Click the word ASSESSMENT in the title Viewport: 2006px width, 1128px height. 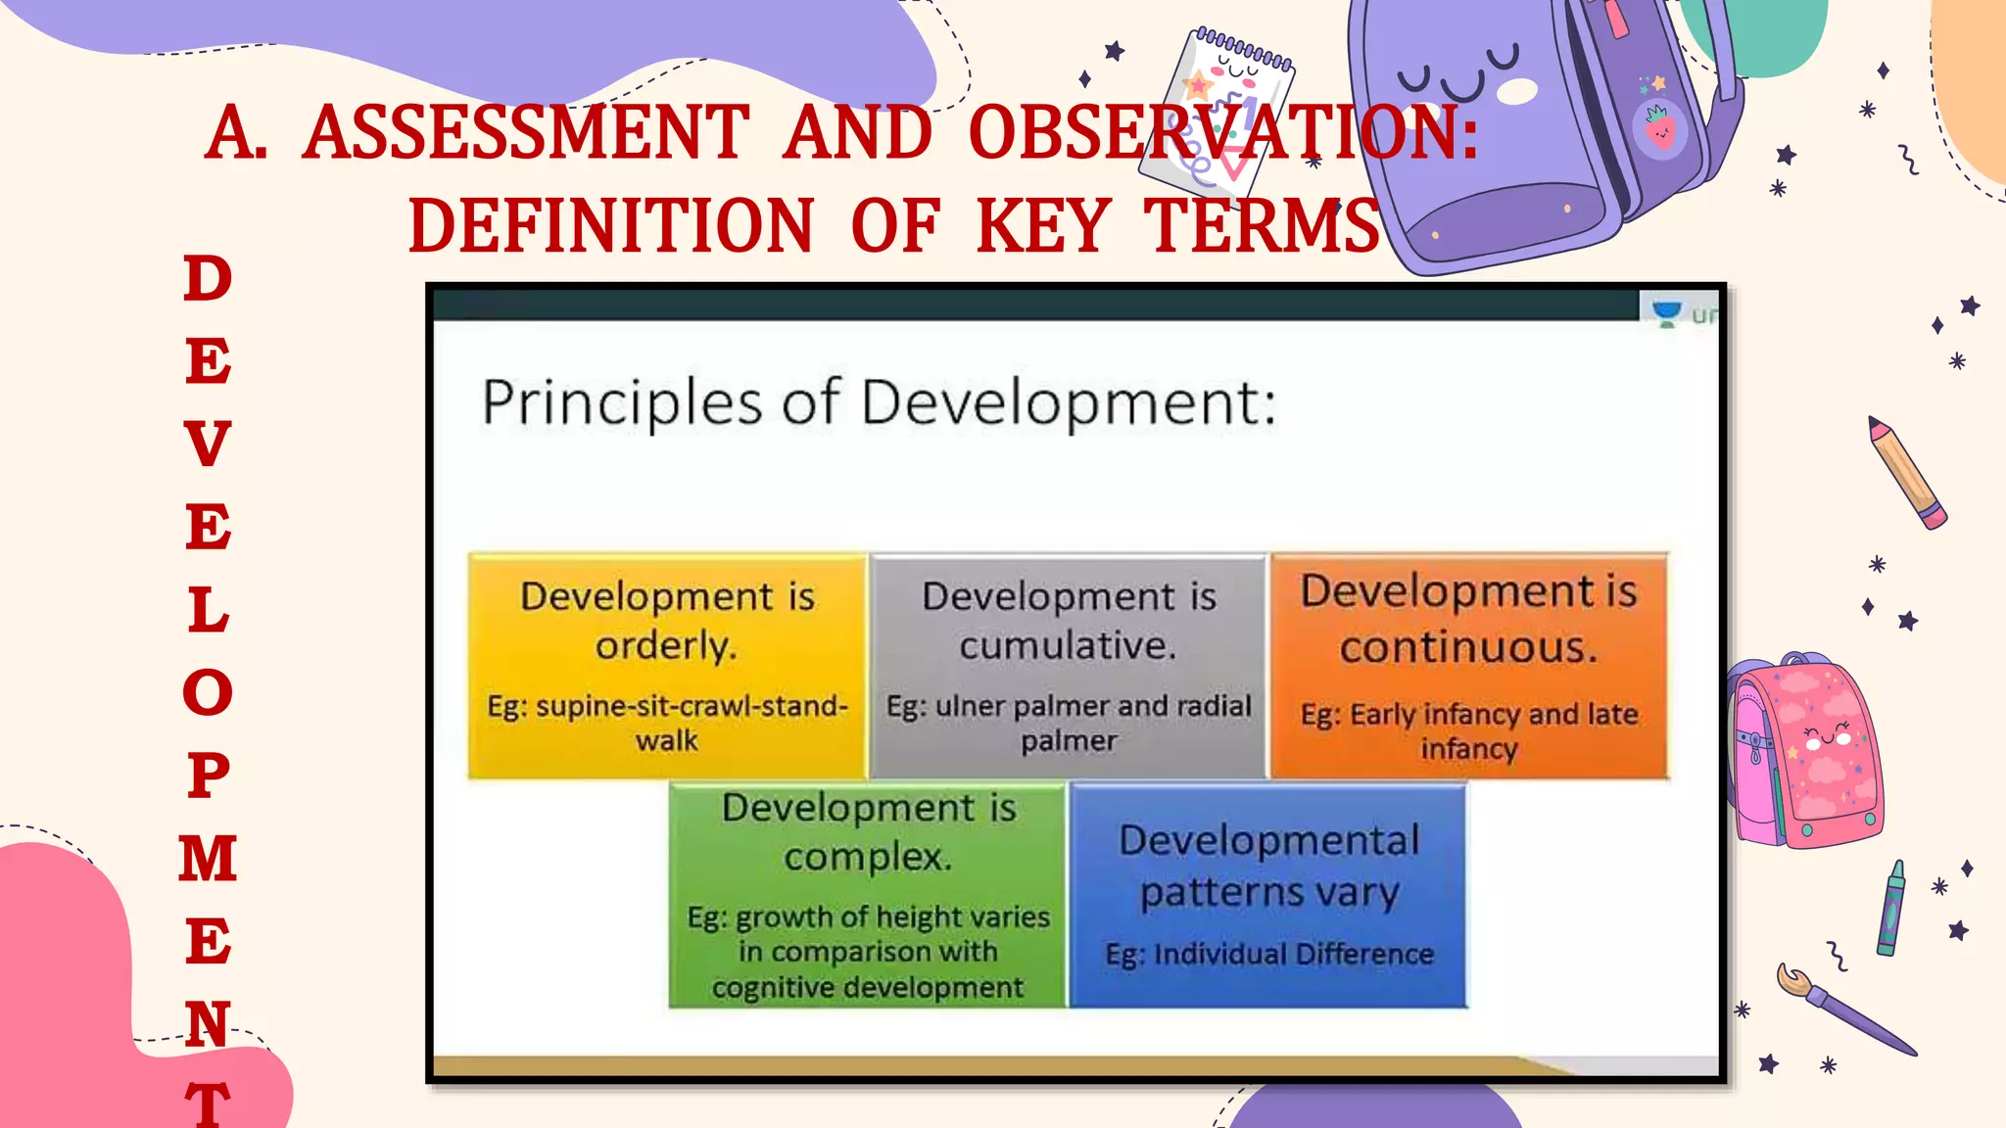point(526,133)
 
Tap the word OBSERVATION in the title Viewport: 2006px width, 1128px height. point(1222,133)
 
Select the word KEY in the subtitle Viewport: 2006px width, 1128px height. point(1043,225)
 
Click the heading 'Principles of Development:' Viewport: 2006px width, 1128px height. point(879,402)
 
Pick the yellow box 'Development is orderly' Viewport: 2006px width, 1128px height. point(667,666)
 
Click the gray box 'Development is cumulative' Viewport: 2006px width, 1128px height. point(1069,666)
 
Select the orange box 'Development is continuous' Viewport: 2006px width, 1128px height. point(1468,666)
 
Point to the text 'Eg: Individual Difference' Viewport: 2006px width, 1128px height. point(1269,954)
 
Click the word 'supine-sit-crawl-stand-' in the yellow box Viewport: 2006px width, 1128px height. point(667,706)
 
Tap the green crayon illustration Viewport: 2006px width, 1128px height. point(1890,910)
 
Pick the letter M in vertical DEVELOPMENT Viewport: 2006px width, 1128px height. point(208,859)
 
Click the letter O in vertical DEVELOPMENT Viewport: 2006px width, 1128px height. point(208,692)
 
